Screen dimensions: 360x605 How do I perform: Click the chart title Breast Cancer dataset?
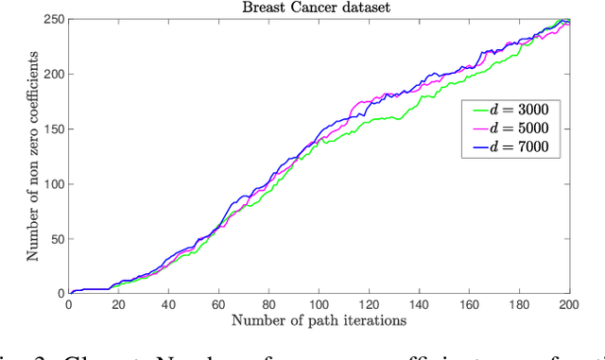(x=318, y=8)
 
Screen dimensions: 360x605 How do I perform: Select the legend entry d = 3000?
(x=521, y=110)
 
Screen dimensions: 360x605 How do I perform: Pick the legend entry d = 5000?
(x=521, y=128)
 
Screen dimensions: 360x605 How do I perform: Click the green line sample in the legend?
(x=476, y=110)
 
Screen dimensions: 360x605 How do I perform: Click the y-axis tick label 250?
(x=53, y=20)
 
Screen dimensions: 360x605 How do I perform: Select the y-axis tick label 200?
(x=53, y=75)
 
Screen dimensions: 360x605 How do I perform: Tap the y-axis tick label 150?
(x=53, y=129)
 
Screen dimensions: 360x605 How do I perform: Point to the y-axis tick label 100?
(x=53, y=184)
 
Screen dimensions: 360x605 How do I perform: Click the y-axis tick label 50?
(x=56, y=239)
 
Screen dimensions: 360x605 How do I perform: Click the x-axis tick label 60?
(x=218, y=305)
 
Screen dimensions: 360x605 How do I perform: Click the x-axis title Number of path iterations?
(x=318, y=321)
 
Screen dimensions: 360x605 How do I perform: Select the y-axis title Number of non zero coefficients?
(x=32, y=157)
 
